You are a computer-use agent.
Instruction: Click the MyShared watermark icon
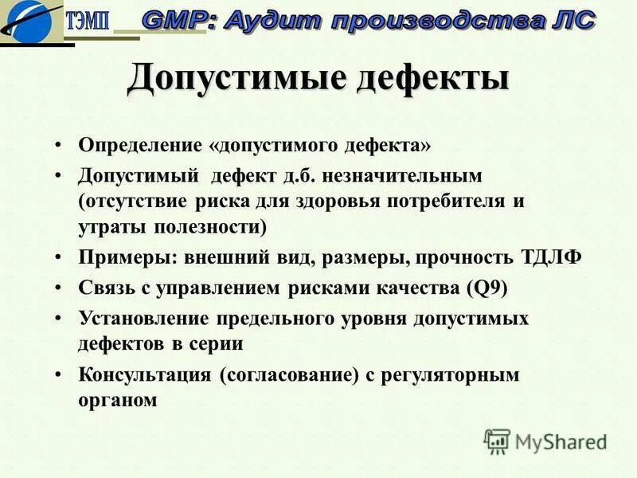coord(497,441)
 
